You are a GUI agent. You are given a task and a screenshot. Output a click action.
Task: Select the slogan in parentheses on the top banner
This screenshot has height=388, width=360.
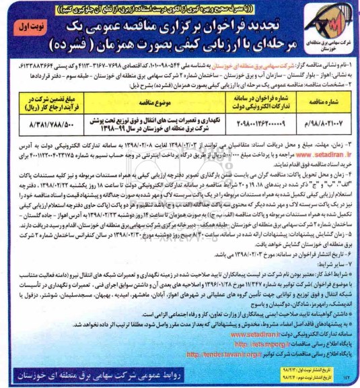point(180,9)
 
